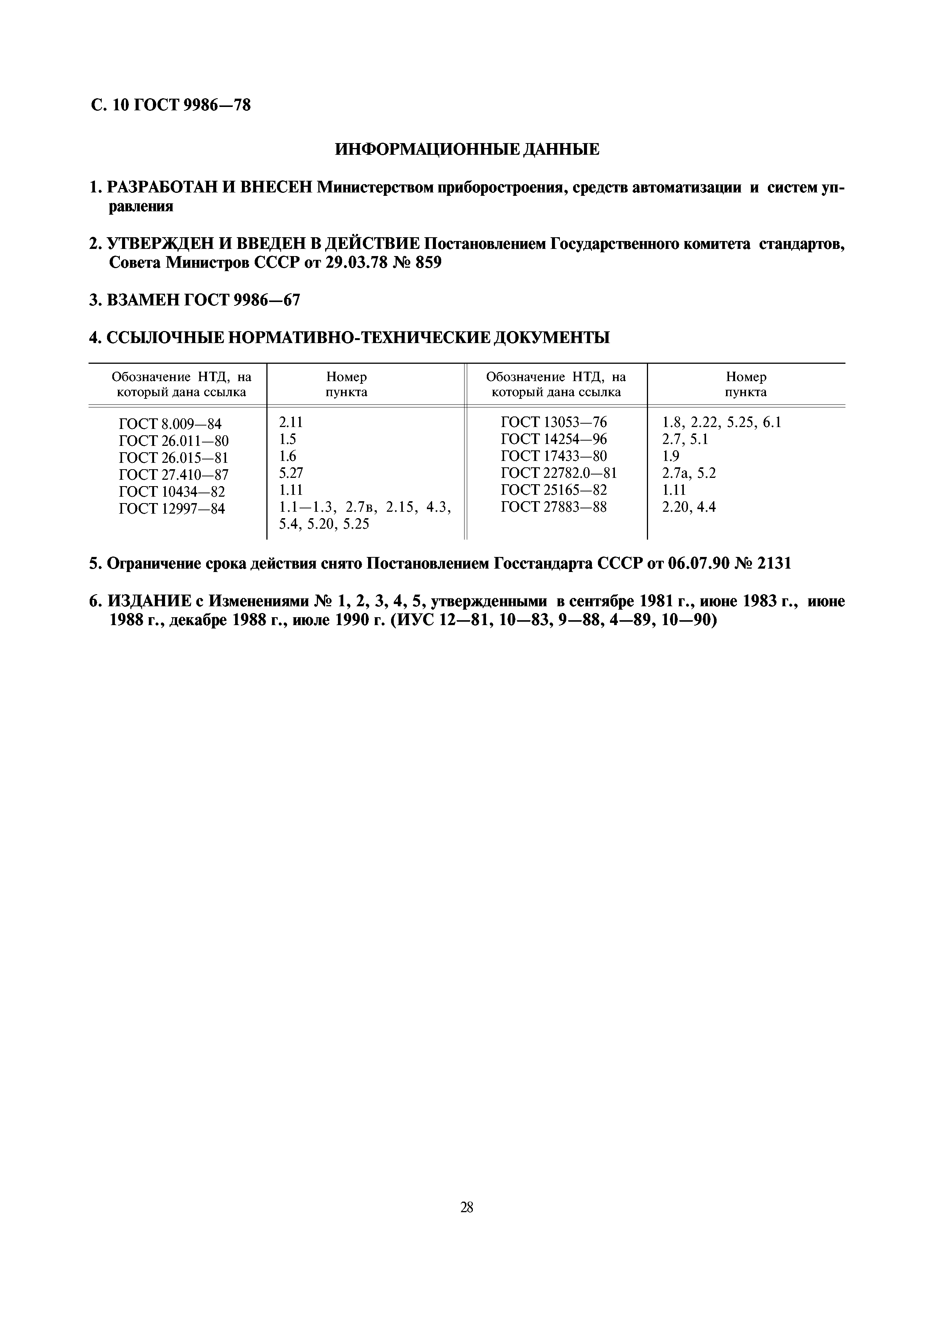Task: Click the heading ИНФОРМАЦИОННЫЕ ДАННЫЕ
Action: (x=467, y=149)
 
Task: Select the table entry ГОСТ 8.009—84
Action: (x=170, y=424)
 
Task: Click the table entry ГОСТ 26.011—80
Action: (x=173, y=441)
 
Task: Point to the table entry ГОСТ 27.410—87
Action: (x=173, y=475)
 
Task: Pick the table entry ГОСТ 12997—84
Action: (x=171, y=509)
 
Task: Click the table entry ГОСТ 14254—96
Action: (x=553, y=439)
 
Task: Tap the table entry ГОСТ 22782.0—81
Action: (x=559, y=473)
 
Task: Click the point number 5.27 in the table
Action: (x=290, y=473)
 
